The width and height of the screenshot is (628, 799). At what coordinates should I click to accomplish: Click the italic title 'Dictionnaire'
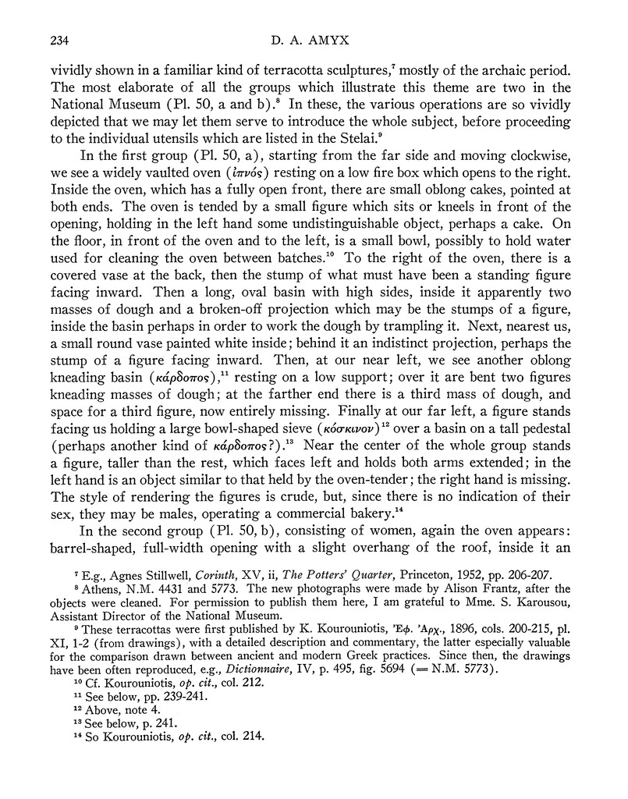pos(312,691)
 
